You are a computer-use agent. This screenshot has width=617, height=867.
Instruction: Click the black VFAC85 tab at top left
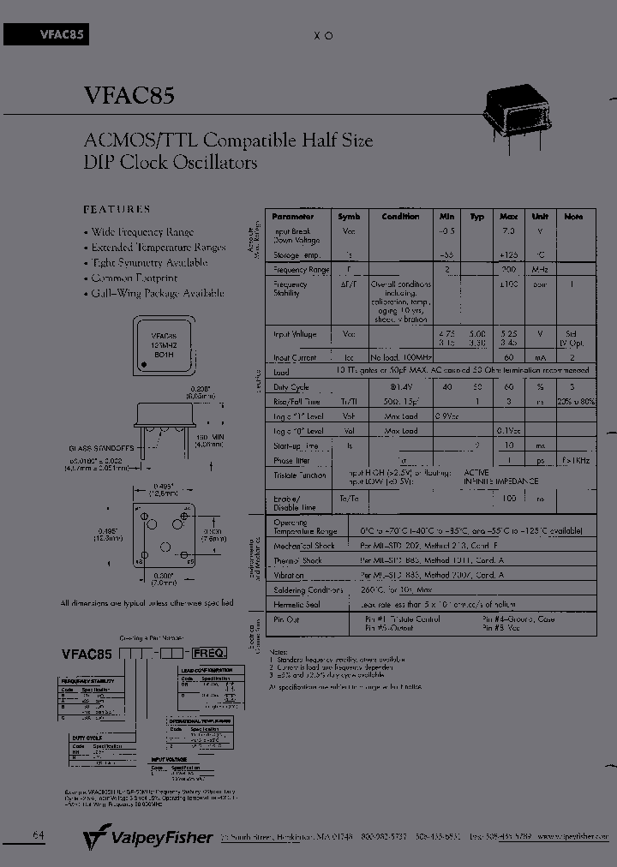(x=47, y=34)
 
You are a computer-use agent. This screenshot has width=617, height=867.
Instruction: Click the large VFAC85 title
(x=129, y=95)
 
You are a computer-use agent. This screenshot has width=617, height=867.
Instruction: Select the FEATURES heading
(x=117, y=209)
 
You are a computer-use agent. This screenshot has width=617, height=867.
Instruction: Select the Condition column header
(x=400, y=217)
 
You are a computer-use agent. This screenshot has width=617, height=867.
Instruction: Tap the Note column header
(x=573, y=217)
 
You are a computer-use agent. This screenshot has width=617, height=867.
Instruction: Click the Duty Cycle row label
(x=291, y=388)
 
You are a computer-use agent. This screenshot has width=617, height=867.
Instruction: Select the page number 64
(x=39, y=835)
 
